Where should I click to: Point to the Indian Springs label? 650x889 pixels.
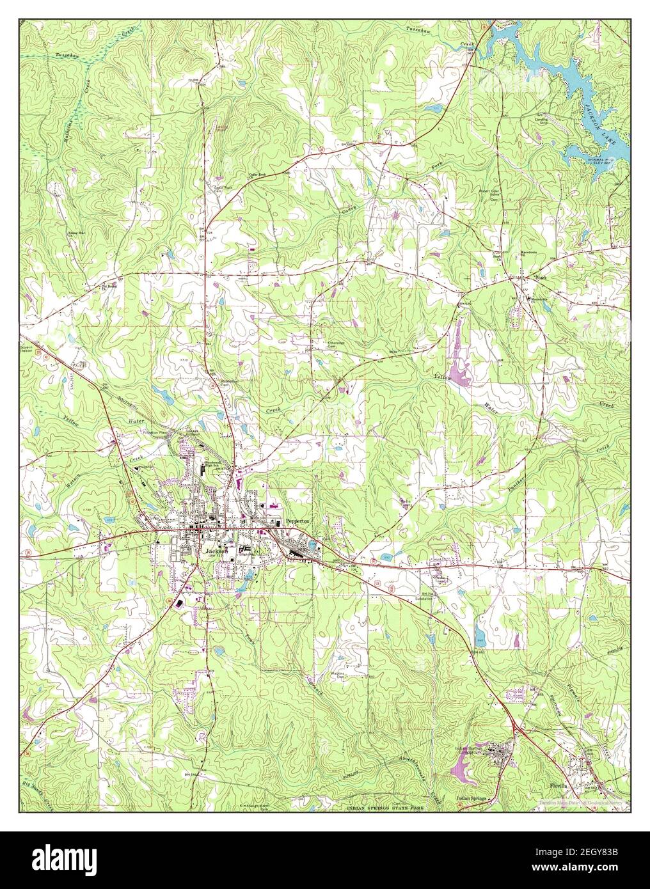click(472, 799)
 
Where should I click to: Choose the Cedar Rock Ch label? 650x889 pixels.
click(258, 175)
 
